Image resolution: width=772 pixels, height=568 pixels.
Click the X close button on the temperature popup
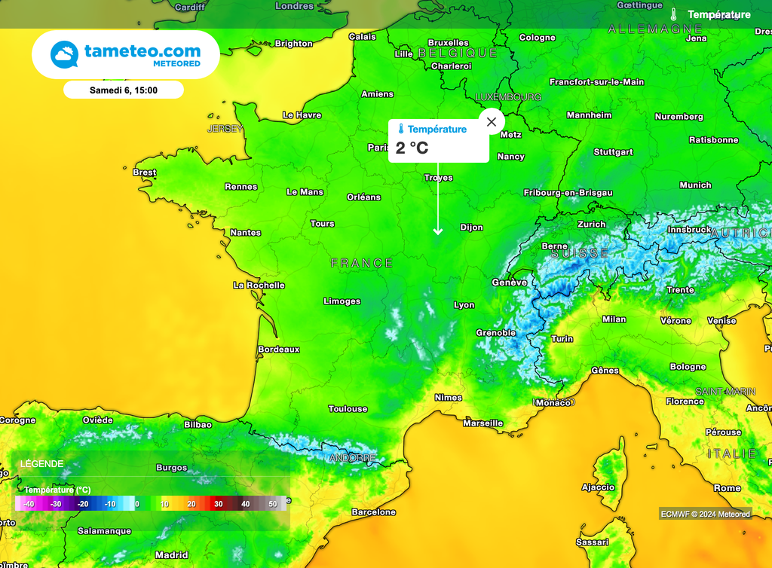click(492, 121)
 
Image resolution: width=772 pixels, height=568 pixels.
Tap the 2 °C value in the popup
click(412, 148)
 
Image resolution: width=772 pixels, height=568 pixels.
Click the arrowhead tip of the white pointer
click(438, 233)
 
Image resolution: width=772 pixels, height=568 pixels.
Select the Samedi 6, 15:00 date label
click(124, 90)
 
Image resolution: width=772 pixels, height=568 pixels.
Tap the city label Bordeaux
click(279, 350)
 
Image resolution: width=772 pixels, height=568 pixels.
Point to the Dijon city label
click(471, 228)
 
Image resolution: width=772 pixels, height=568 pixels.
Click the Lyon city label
click(464, 305)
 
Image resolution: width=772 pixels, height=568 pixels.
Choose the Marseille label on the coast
click(482, 423)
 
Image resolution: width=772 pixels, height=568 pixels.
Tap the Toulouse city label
click(348, 409)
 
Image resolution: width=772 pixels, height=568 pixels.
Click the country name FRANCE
click(362, 263)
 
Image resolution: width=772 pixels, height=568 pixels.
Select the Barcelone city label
click(373, 512)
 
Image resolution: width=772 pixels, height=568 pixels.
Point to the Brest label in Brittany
click(144, 173)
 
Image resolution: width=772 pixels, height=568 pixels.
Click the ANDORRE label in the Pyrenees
click(352, 458)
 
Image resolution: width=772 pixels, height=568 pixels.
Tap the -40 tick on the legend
click(29, 503)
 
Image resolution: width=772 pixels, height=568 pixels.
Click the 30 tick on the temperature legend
click(218, 503)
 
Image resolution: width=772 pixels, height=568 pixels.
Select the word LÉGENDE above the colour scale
click(42, 464)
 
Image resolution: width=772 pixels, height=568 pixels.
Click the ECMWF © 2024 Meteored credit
click(705, 514)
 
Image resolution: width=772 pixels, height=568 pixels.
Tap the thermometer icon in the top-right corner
click(674, 14)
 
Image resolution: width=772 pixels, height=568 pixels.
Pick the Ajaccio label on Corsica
click(599, 487)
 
